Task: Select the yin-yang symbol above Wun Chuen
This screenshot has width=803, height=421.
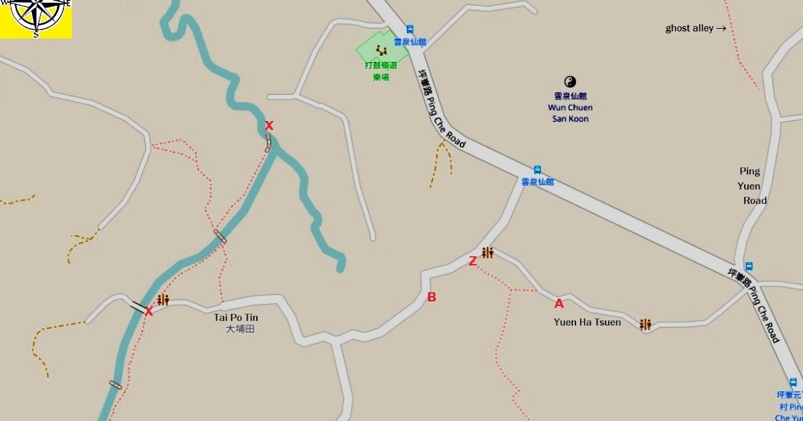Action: [x=570, y=82]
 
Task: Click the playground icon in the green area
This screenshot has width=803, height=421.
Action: [x=381, y=49]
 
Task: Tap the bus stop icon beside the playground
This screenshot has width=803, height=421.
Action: [x=410, y=29]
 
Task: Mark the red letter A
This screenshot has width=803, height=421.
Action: [x=559, y=304]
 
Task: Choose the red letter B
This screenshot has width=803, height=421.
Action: [x=432, y=297]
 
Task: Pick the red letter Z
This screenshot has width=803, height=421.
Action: [x=472, y=261]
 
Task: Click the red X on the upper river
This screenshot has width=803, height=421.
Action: [x=269, y=126]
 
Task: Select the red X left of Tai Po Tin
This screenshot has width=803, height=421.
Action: [x=149, y=311]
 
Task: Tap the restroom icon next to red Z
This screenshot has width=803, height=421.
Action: [x=487, y=253]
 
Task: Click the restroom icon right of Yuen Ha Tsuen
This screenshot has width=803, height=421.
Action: [x=645, y=324]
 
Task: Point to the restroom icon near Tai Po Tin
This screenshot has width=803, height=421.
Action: [x=163, y=300]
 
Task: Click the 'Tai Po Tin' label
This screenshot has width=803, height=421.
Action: [x=236, y=317]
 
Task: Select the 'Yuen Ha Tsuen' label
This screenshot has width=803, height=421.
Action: [x=587, y=322]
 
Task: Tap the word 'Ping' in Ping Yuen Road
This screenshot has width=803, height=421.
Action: [x=749, y=171]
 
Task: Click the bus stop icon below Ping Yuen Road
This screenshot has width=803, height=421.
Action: [x=749, y=267]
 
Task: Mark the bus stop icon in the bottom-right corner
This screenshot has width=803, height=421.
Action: [x=793, y=383]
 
